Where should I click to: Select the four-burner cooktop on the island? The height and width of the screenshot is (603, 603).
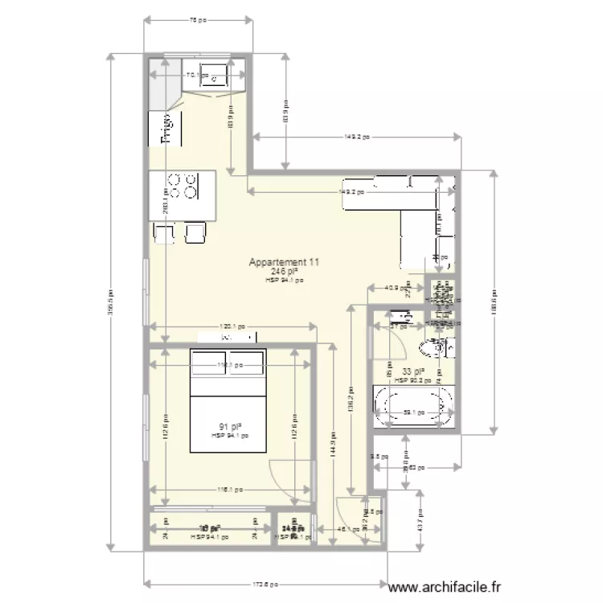click(x=183, y=187)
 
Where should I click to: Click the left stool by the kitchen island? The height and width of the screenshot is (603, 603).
click(x=164, y=233)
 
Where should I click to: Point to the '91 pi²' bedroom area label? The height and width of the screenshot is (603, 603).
click(x=230, y=426)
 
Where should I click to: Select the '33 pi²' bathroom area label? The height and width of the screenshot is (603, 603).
click(x=413, y=371)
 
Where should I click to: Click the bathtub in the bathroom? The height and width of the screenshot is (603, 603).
click(x=414, y=407)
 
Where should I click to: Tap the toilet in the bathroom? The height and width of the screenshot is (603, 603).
click(x=434, y=349)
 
